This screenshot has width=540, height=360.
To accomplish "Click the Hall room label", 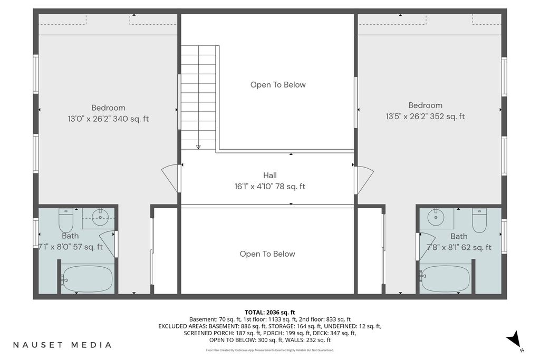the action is [x=270, y=175].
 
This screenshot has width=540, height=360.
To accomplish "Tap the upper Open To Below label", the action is [x=278, y=85].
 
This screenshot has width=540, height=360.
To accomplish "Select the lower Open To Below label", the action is [x=267, y=254].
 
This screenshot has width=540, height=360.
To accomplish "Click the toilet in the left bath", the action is [x=66, y=221].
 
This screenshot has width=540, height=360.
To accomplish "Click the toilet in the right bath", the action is [x=479, y=220].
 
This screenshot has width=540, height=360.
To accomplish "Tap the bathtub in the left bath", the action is [x=87, y=279].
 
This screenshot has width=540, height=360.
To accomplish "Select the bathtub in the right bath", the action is [x=445, y=279].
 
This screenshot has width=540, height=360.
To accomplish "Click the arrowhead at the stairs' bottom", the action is [x=198, y=147].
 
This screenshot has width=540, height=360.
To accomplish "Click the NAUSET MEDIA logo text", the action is [x=62, y=345].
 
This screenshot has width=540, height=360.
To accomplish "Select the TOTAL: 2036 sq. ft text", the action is [x=270, y=313].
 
